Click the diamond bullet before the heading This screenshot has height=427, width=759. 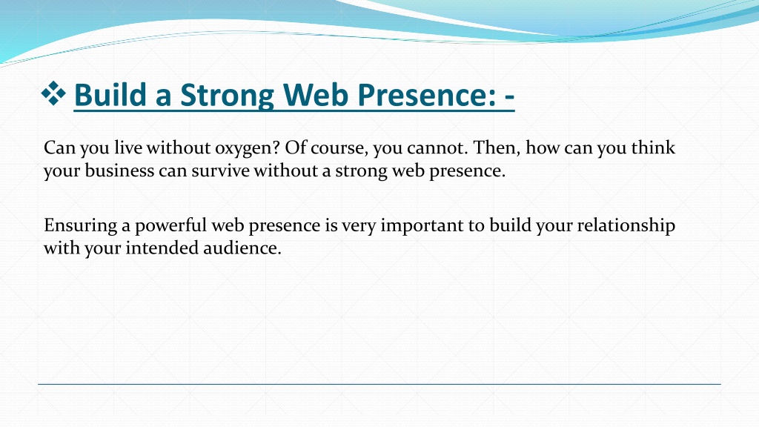53,93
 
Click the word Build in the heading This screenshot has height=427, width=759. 110,94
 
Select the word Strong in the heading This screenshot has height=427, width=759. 227,96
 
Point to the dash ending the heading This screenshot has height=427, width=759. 509,96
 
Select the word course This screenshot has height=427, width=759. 339,148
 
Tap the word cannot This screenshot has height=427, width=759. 437,148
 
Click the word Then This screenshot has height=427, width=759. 497,148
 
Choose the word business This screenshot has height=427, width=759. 119,170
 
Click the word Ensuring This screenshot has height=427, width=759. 80,225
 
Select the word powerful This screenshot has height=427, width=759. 171,225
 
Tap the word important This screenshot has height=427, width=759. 422,226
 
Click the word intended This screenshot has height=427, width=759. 162,248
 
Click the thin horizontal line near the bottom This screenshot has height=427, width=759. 379,385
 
